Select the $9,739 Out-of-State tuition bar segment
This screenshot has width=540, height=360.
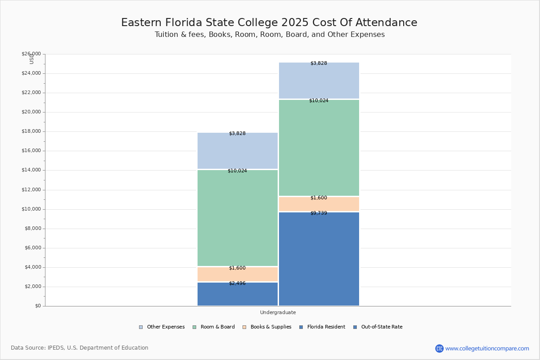pyautogui.click(x=319, y=259)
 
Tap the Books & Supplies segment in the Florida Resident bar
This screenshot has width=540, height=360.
pyautogui.click(x=237, y=274)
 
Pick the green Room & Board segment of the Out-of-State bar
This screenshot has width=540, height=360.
pyautogui.click(x=319, y=148)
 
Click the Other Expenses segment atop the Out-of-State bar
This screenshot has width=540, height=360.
pyautogui.click(x=319, y=81)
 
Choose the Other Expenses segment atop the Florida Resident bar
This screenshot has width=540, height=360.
pyautogui.click(x=237, y=151)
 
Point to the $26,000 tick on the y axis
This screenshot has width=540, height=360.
pyautogui.click(x=31, y=54)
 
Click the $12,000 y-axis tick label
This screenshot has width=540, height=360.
pyautogui.click(x=31, y=190)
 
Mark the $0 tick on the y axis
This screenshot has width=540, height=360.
pyautogui.click(x=37, y=306)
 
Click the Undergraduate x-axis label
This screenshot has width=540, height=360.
pyautogui.click(x=278, y=312)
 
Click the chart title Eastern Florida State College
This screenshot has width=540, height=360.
pyautogui.click(x=269, y=23)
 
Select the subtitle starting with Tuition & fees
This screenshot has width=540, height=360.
pyautogui.click(x=270, y=35)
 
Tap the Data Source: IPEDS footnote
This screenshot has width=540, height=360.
pyautogui.click(x=80, y=348)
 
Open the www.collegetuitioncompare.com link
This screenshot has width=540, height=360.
pyautogui.click(x=487, y=348)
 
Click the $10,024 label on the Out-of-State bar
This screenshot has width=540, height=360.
pyautogui.click(x=319, y=101)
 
